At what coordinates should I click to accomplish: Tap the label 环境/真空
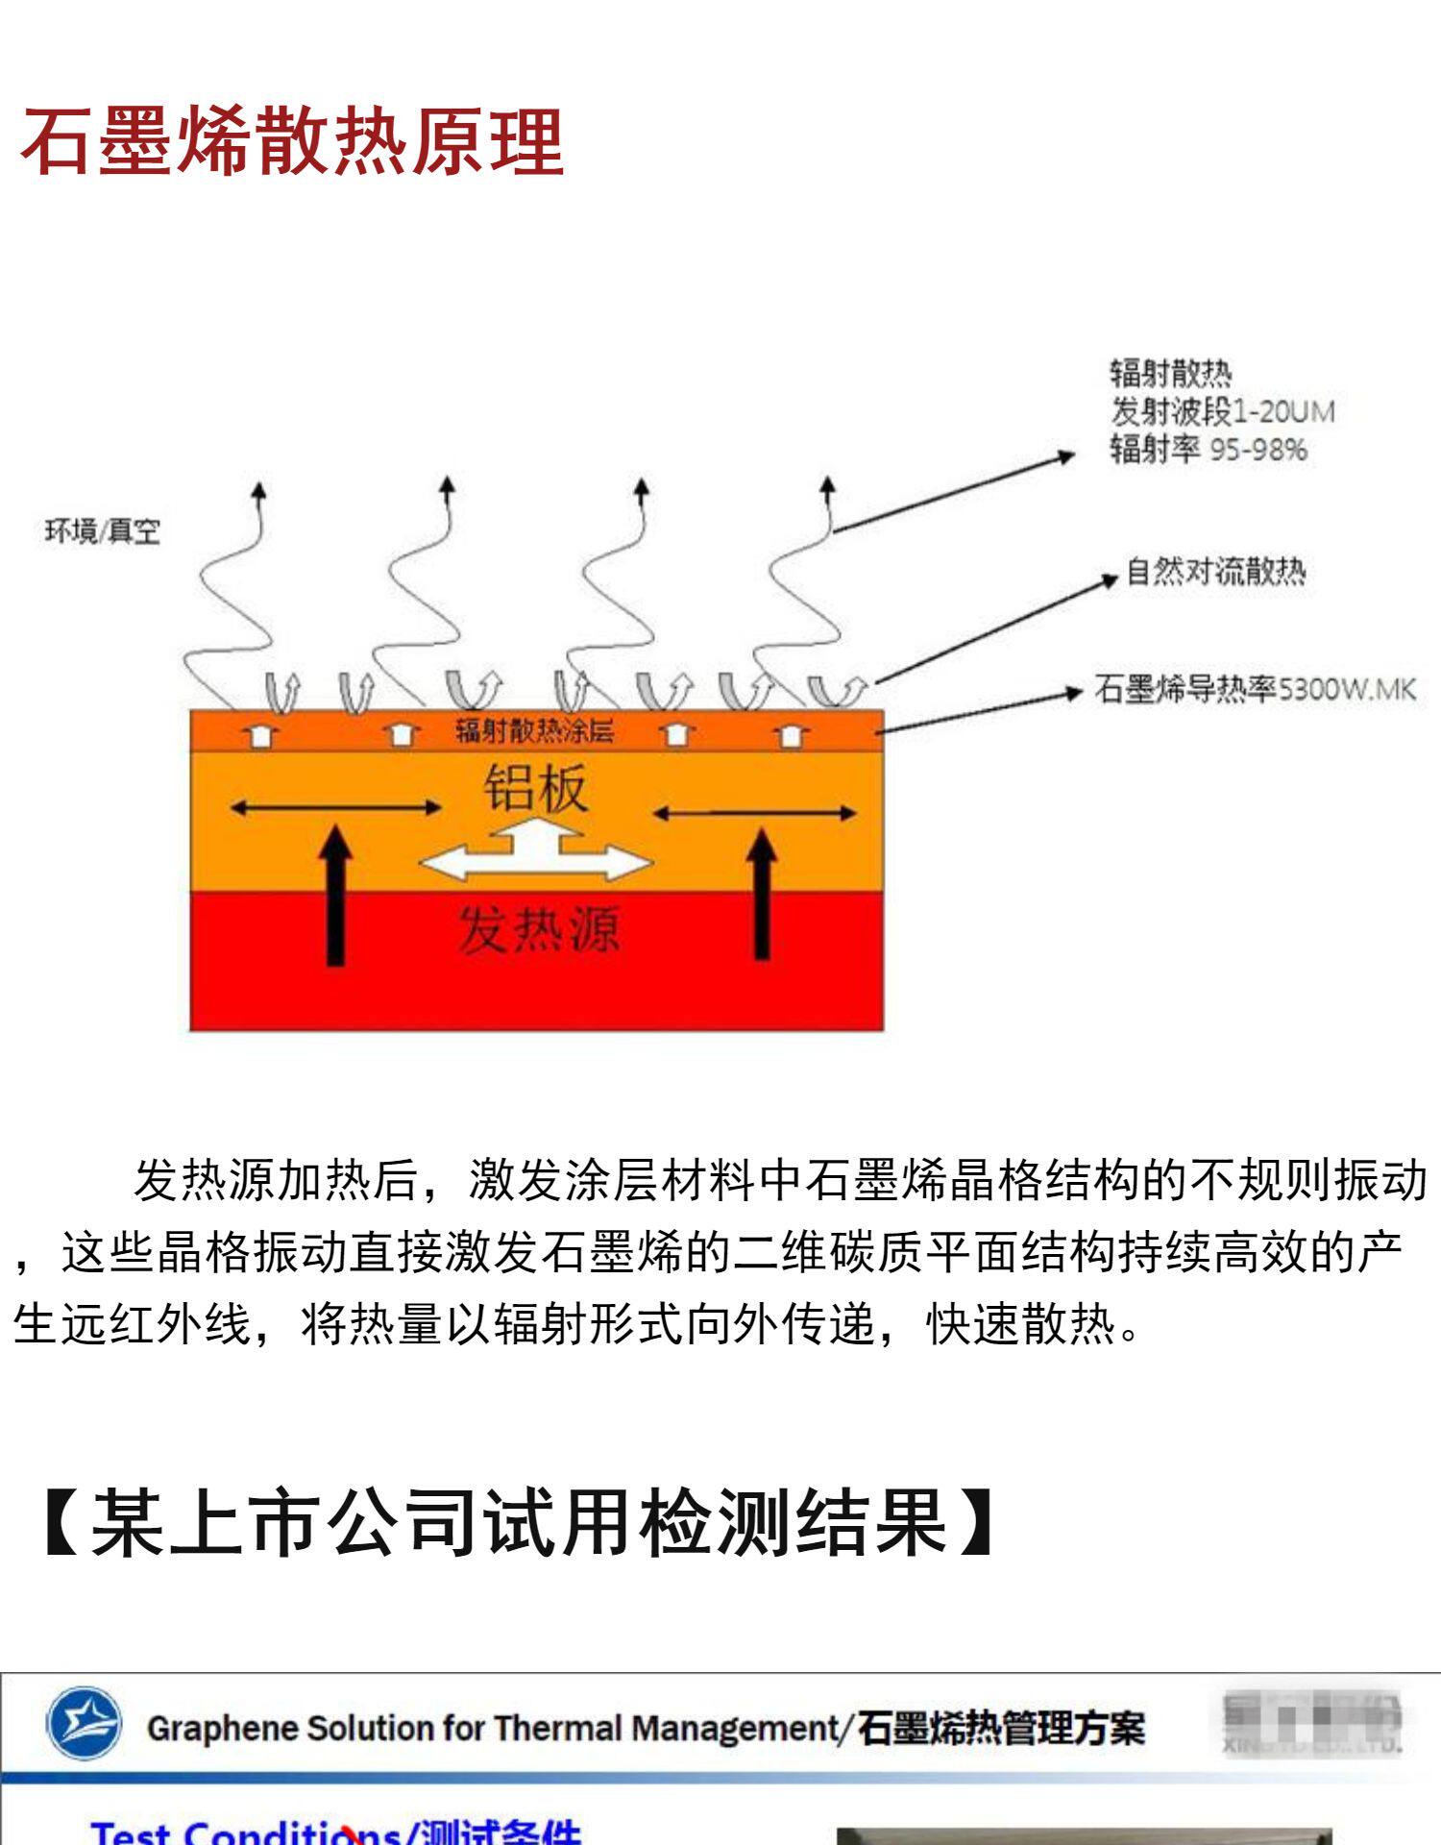[103, 531]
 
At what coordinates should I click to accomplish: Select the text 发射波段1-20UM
[1223, 411]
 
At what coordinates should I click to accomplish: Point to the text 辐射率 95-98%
[1209, 449]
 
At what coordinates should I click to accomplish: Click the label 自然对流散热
[1215, 572]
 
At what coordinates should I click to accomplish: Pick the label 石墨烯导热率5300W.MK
[1255, 689]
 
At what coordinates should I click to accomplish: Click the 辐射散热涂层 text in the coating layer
[534, 731]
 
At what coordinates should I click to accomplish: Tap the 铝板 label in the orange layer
[534, 788]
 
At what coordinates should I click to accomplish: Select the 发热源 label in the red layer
[538, 929]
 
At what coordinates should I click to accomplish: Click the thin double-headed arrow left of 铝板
[335, 808]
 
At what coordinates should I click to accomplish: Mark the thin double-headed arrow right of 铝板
[754, 813]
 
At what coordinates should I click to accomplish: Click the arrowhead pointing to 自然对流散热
[1110, 579]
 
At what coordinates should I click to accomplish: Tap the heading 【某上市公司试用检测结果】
[519, 1521]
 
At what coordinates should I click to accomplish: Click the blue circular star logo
[85, 1723]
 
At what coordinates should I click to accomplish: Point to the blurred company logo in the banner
[1311, 1723]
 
